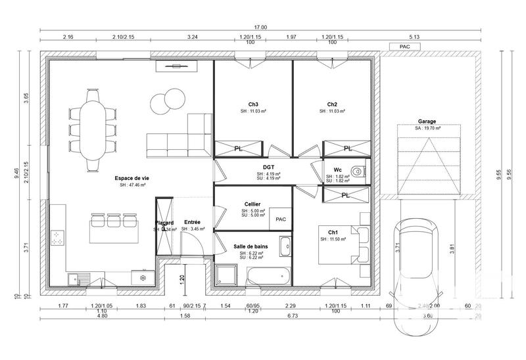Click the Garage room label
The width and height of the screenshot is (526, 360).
[427, 122]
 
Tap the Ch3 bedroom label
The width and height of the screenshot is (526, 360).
[253, 104]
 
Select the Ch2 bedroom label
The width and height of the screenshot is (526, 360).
[332, 104]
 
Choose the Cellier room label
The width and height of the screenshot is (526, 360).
[252, 204]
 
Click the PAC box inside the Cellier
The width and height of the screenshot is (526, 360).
[281, 219]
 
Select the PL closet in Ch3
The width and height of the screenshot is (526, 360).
[239, 148]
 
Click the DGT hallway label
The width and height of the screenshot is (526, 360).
[268, 167]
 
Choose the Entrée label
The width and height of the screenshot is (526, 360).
[193, 222]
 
